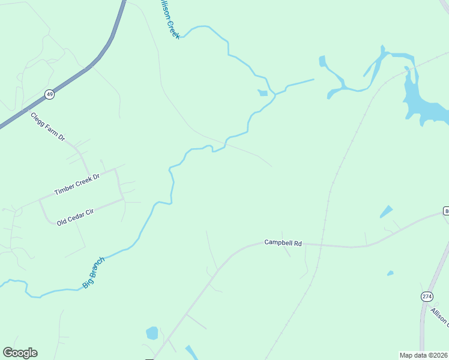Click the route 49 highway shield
[49, 94]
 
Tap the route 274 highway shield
[427, 296]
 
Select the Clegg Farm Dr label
[47, 126]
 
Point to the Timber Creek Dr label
[76, 183]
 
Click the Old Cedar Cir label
[76, 214]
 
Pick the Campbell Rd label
[283, 243]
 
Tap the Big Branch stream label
[94, 272]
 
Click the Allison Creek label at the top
[168, 20]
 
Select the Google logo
[20, 353]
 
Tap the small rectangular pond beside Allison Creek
[263, 93]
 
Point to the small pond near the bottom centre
[152, 332]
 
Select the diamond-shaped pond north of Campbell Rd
[386, 212]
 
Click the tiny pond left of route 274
[390, 273]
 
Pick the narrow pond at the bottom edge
[191, 353]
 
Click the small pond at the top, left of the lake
[322, 61]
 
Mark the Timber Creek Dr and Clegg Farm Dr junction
[115, 170]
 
